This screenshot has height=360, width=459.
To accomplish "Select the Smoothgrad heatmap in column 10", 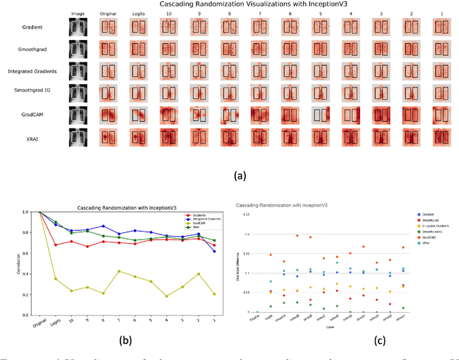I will click(x=169, y=49).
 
